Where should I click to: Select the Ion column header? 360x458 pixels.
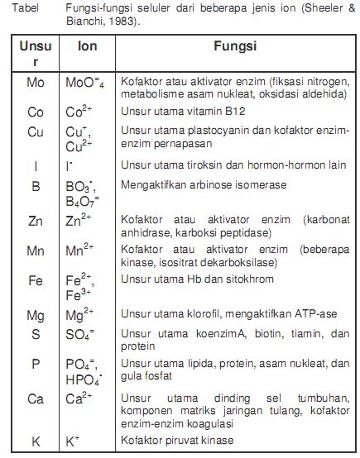(86, 48)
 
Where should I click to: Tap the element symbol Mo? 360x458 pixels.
(36, 83)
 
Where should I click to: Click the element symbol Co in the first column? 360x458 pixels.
(36, 111)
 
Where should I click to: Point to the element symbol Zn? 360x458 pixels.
(36, 223)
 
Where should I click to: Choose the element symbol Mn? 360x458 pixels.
(36, 250)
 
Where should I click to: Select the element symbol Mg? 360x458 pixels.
(36, 315)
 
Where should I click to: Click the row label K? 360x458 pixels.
(36, 441)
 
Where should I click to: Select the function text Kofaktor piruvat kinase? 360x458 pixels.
(177, 440)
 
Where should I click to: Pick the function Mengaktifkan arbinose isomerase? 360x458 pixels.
(196, 187)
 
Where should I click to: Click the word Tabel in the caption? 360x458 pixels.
(20, 8)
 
